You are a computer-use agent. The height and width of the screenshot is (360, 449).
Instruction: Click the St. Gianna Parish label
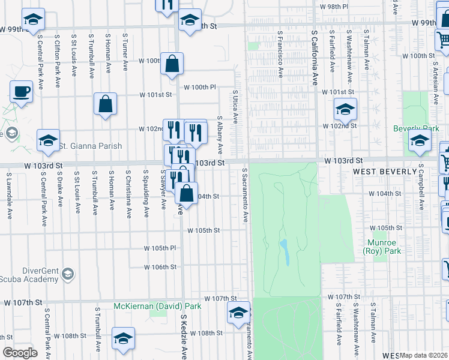point(90,146)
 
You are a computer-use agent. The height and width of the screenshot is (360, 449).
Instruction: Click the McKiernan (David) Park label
point(158,306)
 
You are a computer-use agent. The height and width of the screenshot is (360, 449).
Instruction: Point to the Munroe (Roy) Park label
point(384,247)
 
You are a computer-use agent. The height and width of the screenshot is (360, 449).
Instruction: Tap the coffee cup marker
point(21,92)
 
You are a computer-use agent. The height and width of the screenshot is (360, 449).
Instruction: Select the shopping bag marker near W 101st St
point(105,104)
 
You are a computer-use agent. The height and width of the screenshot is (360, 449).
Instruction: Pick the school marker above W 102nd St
point(345,110)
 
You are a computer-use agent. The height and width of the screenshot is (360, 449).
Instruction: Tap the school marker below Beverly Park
point(419,141)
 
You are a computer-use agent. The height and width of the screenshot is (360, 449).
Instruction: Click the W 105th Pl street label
point(160,248)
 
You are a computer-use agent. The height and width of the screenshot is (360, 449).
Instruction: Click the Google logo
point(20,353)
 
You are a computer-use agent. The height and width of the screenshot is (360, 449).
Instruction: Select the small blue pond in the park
point(285,253)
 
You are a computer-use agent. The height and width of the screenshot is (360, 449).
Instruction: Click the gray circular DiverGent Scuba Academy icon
point(68,274)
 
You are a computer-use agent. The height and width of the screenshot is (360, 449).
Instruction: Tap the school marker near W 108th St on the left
point(123,338)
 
